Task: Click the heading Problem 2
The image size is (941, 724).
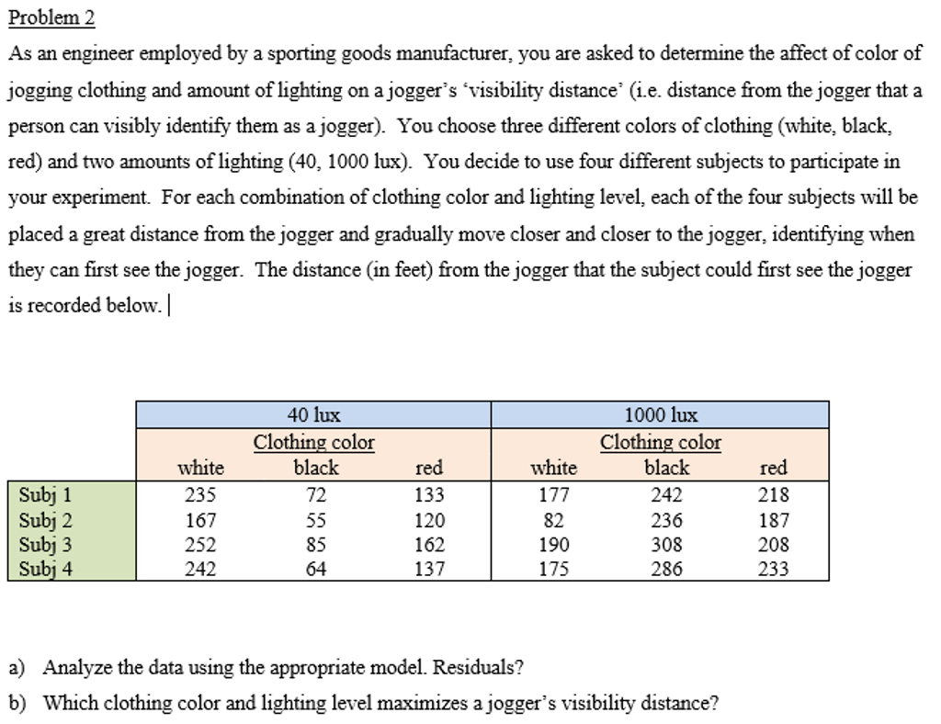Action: [51, 18]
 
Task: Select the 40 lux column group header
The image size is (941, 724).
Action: [313, 415]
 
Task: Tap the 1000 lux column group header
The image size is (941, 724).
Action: [661, 415]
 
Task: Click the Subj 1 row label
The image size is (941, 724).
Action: [46, 494]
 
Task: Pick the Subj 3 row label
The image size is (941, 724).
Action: [46, 544]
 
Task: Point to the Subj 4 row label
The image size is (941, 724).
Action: [46, 569]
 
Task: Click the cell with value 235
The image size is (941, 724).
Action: [200, 494]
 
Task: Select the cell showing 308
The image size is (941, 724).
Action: [666, 544]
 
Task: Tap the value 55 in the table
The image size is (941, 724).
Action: [315, 519]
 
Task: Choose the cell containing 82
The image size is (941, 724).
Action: [554, 519]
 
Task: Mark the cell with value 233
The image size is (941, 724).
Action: [773, 569]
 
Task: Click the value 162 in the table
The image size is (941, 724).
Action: [429, 544]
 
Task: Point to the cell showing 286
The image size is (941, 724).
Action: [666, 569]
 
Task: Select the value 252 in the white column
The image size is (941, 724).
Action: [200, 544]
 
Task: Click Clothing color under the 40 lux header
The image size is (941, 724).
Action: [313, 443]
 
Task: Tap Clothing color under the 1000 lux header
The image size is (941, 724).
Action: [661, 443]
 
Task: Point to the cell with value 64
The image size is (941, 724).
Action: [315, 569]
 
